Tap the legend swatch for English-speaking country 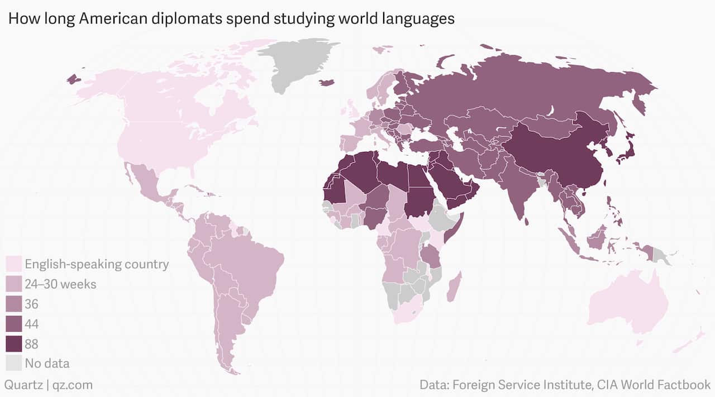[14, 264]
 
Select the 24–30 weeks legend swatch [14, 284]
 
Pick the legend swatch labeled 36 [14, 304]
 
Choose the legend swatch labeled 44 [14, 323]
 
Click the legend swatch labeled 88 [14, 343]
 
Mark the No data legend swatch [14, 363]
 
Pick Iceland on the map [326, 83]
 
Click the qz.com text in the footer [73, 385]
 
